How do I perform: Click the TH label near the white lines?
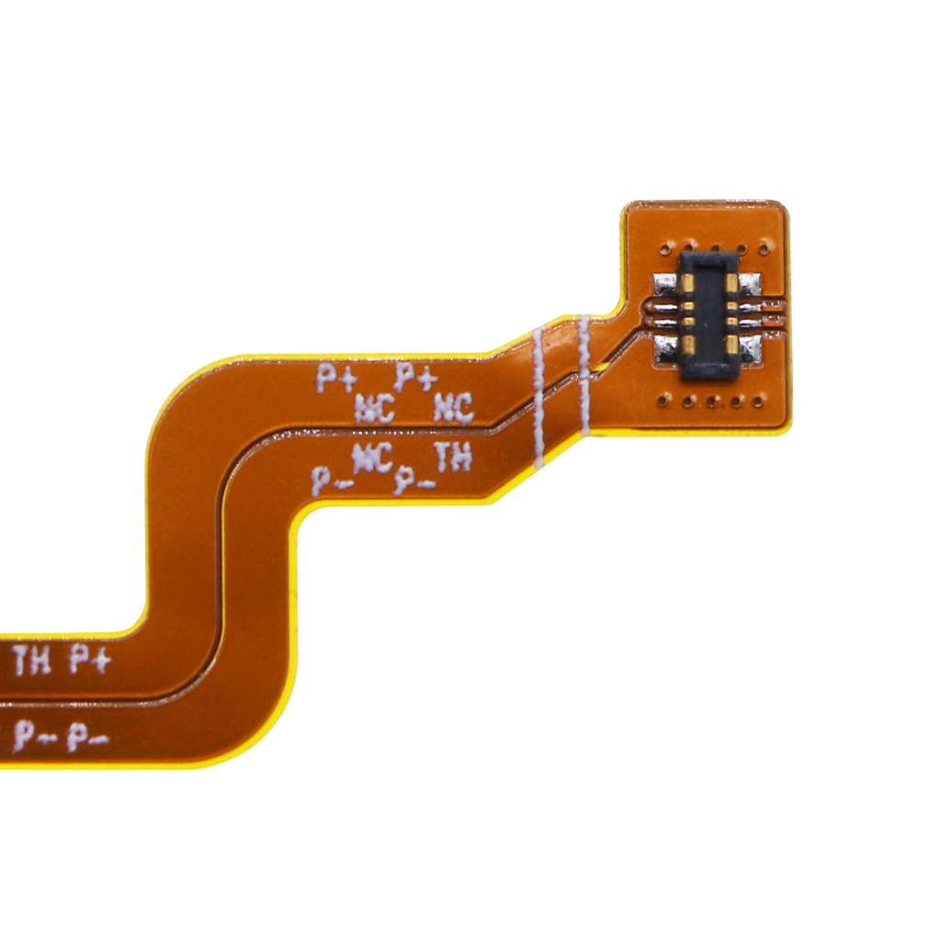click(452, 459)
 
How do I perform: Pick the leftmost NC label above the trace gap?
click(374, 407)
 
